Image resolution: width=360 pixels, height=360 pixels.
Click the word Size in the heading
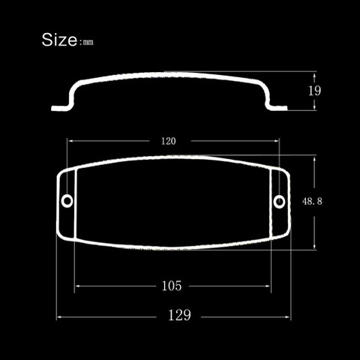59,40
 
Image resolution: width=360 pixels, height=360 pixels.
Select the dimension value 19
314,91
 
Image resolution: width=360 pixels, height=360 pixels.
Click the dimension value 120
169,141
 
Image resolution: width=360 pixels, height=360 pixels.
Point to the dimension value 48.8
312,201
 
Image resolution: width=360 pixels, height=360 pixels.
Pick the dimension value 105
172,286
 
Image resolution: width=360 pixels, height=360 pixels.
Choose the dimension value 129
179,315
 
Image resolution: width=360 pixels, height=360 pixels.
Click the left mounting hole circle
67,201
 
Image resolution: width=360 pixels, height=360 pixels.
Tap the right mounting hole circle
279,202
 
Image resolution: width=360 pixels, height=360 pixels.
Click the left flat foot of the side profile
59,108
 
